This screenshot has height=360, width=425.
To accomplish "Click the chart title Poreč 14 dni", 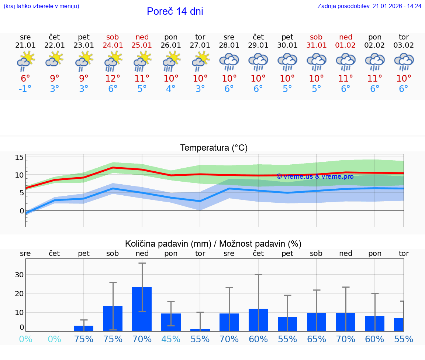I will tap(175, 11).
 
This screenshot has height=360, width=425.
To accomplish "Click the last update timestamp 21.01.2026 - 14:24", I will tap(370, 6).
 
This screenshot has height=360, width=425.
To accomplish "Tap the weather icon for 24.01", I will tap(113, 61).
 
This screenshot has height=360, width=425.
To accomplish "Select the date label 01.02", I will tap(346, 45).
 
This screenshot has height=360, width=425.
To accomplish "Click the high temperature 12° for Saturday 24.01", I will tap(113, 78).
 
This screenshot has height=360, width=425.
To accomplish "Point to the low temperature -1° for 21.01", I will tap(25, 89).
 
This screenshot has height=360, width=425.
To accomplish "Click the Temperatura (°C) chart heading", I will tap(214, 148).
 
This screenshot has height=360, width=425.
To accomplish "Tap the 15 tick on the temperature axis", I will tap(19, 158).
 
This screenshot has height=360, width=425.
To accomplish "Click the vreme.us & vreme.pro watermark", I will tap(315, 176).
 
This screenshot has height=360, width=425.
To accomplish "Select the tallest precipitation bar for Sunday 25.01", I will tap(142, 309).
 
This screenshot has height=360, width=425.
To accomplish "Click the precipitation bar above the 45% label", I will tap(171, 322).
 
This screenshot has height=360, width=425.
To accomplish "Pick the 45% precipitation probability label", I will tap(171, 339).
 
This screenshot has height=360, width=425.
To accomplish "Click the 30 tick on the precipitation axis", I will tap(19, 274).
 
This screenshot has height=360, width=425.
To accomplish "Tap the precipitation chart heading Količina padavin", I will tap(213, 244).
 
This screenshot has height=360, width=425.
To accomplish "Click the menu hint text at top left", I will tap(41, 6).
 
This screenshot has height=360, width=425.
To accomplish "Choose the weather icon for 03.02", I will tap(404, 61).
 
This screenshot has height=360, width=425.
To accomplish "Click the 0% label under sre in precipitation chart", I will tap(25, 339).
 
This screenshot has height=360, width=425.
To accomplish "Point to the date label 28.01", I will tap(229, 45).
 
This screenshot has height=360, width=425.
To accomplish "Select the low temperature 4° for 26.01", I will tap(171, 89).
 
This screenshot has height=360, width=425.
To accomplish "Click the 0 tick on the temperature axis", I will tap(21, 211).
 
